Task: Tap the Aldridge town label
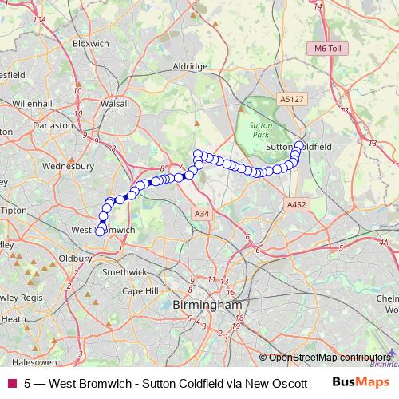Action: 191,67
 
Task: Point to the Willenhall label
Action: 32,104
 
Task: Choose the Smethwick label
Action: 120,271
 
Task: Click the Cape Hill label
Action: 141,291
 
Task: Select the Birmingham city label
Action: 207,305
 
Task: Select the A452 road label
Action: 297,205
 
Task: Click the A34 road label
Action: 201,214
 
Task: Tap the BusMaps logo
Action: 361,381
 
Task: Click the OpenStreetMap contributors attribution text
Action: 330,357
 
